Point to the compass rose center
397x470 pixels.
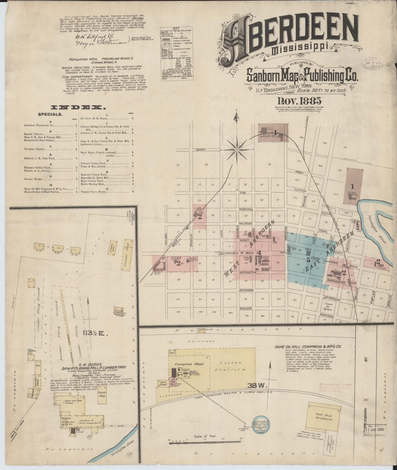point(237,150)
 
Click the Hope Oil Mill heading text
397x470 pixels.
point(308,346)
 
